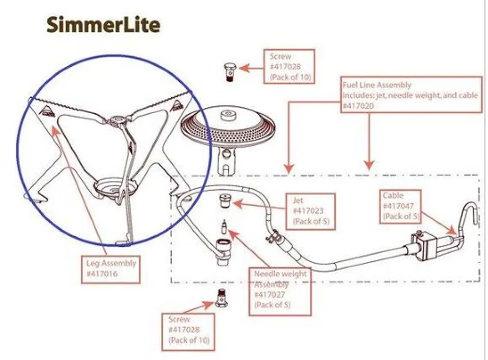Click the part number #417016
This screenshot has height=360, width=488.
tap(102, 273)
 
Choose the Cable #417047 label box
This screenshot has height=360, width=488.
tap(400, 206)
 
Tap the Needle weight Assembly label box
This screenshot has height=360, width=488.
tap(280, 291)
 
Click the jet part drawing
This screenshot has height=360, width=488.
tap(224, 200)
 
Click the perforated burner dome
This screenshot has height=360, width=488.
tap(226, 128)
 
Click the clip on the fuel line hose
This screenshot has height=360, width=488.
tap(272, 239)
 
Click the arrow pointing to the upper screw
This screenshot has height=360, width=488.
tap(250, 69)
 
